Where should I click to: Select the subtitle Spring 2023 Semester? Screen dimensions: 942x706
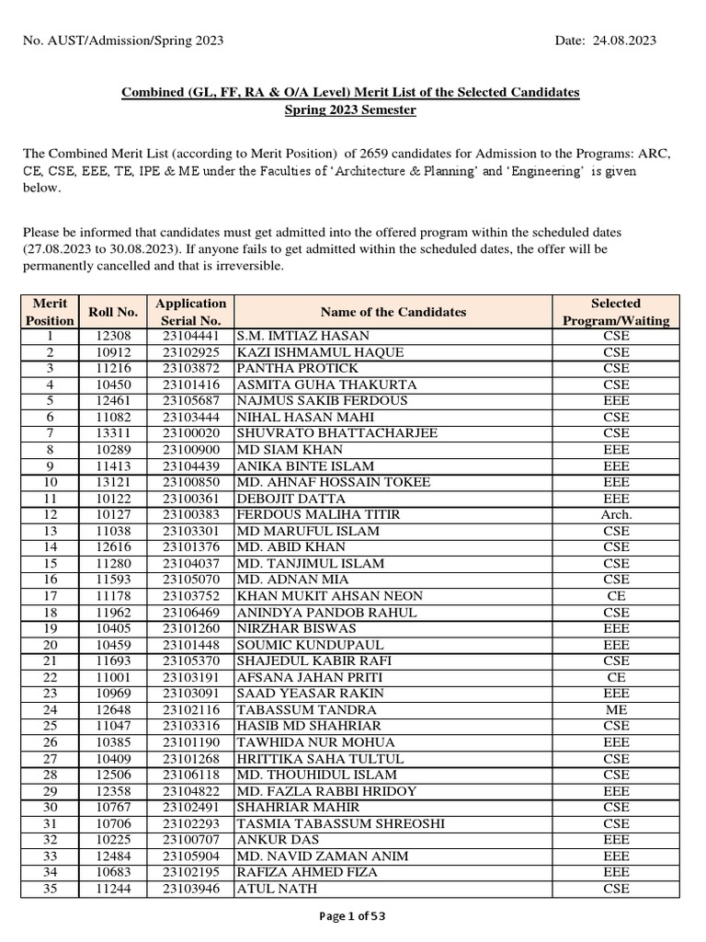(351, 110)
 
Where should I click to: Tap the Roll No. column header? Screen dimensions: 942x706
(112, 312)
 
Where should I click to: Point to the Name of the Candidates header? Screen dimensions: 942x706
(393, 312)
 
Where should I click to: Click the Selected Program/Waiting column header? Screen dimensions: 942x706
(616, 312)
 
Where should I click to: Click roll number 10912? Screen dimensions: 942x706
(112, 353)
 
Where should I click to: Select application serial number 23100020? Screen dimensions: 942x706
(191, 433)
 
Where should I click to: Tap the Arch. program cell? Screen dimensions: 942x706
(616, 514)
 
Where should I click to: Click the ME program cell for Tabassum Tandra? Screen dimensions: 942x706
(616, 709)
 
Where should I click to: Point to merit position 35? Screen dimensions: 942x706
(50, 889)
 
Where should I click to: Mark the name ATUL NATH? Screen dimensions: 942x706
(277, 889)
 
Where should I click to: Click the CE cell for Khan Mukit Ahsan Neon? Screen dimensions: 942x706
(616, 596)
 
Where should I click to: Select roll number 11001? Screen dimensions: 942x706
(112, 677)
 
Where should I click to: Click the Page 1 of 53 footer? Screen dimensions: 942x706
(352, 919)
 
